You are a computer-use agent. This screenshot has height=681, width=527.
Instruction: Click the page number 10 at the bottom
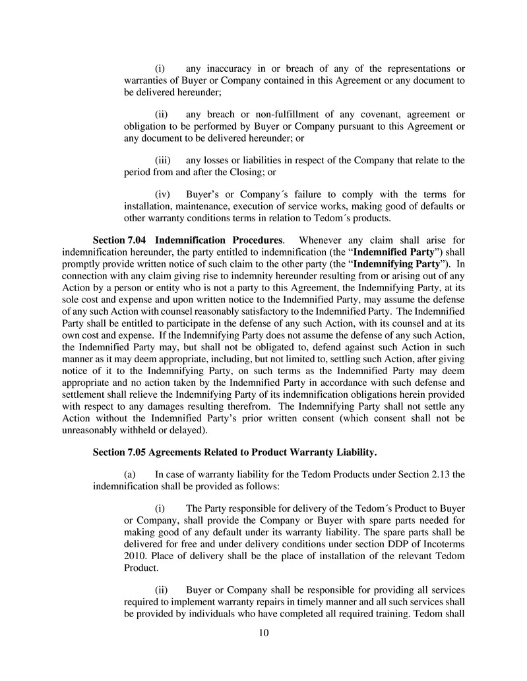(263, 634)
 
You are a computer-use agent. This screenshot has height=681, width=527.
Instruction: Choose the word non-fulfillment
(272, 114)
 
